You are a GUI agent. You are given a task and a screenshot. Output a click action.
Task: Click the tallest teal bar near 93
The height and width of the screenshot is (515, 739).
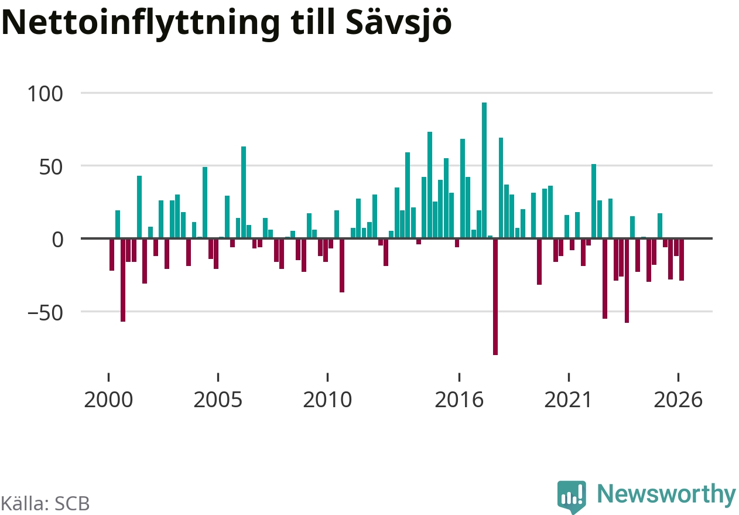484,170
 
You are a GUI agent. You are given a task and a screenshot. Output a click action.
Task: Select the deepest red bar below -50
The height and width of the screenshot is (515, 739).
495,297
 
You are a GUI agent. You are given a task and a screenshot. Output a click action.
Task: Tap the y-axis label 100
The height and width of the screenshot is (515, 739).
45,94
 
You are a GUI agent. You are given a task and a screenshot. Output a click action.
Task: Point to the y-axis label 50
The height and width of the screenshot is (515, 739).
51,167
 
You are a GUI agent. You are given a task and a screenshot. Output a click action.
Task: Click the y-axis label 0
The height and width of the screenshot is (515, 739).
57,240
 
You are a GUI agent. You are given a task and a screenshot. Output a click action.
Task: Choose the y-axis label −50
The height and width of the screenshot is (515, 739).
45,313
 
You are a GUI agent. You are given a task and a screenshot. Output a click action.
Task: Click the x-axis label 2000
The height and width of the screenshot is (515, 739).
108,400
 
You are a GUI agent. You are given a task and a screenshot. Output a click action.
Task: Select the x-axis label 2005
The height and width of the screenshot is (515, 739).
218,400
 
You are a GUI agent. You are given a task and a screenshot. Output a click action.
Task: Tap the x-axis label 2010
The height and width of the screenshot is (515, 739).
327,400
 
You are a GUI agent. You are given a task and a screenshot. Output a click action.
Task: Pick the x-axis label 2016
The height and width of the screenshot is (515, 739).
459,400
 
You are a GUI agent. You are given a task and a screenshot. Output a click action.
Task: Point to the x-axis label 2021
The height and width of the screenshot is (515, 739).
569,400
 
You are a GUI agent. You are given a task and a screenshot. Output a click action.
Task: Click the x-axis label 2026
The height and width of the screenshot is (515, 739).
678,400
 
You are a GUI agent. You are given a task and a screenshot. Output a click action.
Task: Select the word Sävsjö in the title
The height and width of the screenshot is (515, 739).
399,23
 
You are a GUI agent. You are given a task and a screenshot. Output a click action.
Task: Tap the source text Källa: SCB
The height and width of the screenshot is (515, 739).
45,504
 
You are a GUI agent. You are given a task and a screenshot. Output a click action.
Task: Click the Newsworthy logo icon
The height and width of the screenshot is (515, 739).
572,497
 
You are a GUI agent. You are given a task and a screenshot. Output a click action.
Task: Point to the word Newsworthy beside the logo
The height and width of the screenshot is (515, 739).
666,494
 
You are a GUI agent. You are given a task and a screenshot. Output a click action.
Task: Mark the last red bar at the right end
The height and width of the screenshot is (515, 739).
681,260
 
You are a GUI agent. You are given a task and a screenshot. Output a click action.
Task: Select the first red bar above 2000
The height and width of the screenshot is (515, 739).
112,254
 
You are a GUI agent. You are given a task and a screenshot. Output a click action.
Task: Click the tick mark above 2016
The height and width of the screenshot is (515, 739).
459,377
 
